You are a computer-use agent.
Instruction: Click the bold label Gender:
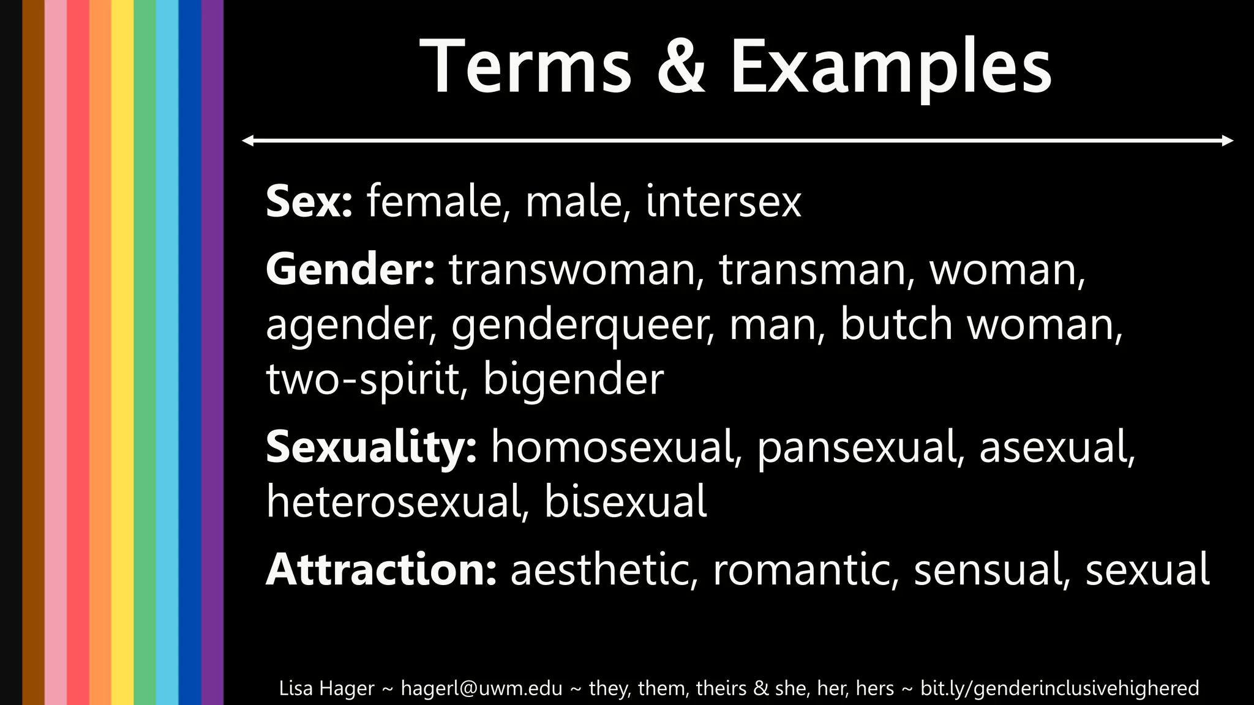pos(350,269)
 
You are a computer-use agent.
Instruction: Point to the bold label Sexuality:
pos(371,447)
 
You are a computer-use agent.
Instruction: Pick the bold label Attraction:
pos(381,569)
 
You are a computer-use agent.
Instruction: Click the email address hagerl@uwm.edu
pos(481,688)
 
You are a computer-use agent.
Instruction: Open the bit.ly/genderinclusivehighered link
pos(1059,688)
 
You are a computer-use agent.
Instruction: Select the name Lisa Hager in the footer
pos(326,688)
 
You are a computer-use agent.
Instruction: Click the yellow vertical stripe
pos(122,352)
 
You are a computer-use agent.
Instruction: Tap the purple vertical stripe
pos(212,352)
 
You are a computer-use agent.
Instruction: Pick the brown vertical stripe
pos(33,352)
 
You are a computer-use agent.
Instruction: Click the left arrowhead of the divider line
pos(247,141)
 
